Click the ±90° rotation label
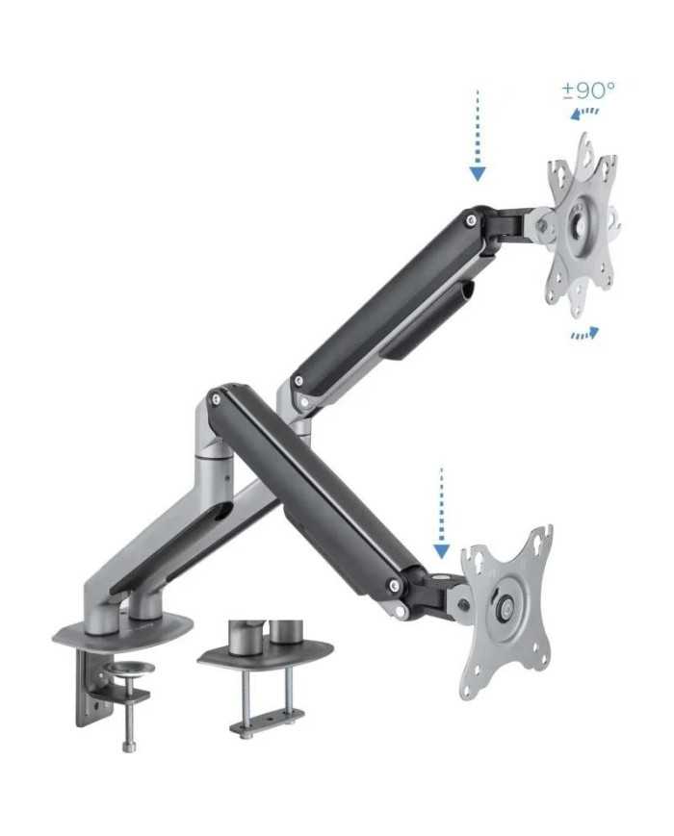[588, 90]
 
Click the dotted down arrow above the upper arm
[478, 136]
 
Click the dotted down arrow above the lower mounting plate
[441, 513]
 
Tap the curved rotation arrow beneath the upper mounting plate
[584, 333]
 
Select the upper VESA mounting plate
[582, 224]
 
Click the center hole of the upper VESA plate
[578, 225]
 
